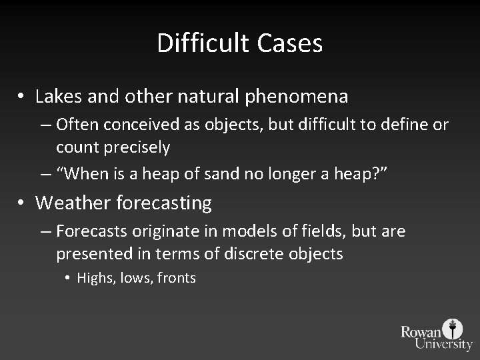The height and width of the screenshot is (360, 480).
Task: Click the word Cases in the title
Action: click(x=289, y=44)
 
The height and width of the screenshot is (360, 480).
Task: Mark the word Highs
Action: click(x=94, y=278)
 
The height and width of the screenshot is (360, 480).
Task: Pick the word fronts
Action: click(x=177, y=278)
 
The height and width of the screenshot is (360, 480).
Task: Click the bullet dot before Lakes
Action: click(x=22, y=97)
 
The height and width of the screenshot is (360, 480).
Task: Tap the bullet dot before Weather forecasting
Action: click(x=22, y=203)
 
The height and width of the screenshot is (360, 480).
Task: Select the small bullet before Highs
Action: click(x=69, y=279)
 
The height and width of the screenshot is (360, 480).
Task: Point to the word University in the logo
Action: click(x=443, y=345)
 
